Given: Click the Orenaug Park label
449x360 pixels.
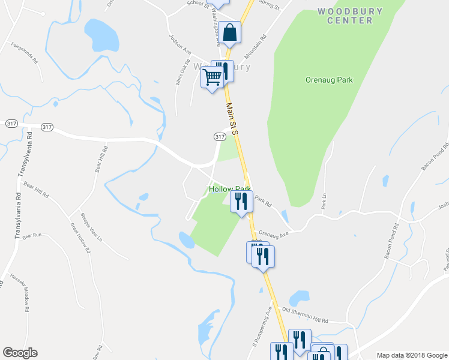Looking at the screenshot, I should pos(328,80).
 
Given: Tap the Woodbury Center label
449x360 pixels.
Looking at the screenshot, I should pos(345,16).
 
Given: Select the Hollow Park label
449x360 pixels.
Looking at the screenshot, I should pos(229,189).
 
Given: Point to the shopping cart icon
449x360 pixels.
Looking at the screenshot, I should pos(212,77).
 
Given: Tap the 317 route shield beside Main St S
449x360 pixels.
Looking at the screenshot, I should pos(220,137).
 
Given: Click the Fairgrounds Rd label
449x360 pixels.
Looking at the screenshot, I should pos(25,53).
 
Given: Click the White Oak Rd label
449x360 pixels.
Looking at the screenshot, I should pos(179,75).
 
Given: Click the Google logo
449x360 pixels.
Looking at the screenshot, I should pos(20,353).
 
